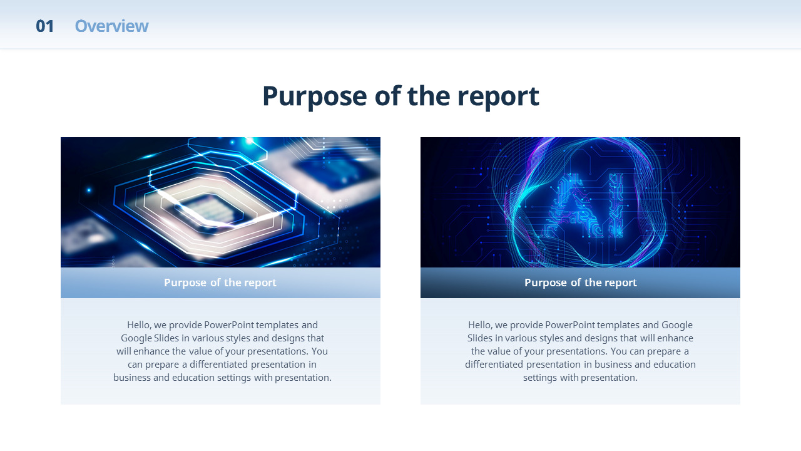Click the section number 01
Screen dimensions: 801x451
pos(44,26)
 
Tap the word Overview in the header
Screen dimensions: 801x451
pos(111,26)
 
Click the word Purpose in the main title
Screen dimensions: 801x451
pos(315,97)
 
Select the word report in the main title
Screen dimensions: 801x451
pos(498,97)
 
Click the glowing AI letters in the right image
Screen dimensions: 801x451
pos(586,206)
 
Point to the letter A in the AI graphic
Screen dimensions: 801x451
pos(569,206)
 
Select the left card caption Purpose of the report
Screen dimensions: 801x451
pos(220,283)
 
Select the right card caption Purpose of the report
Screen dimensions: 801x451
pos(580,283)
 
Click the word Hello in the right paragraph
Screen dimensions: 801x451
pos(480,325)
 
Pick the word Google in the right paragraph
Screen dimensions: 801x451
pos(677,325)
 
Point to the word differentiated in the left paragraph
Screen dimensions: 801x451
pos(218,365)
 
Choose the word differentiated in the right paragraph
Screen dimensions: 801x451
pos(494,365)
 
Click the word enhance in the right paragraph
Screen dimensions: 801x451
pos(675,338)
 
